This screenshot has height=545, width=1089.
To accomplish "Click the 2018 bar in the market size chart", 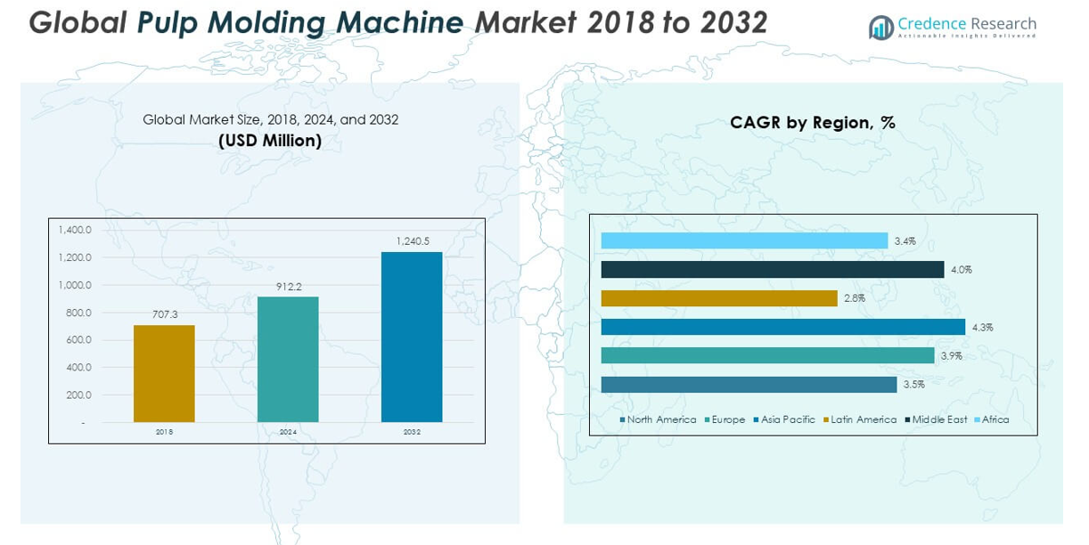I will click(x=164, y=373).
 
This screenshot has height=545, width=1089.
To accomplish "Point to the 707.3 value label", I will click(x=164, y=314).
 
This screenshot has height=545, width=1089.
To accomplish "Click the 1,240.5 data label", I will click(x=412, y=241).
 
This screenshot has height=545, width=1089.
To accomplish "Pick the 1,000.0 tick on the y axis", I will click(x=75, y=285).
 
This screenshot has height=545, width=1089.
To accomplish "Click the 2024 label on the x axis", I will click(x=288, y=432).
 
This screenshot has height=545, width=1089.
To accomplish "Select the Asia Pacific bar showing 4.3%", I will click(x=782, y=327).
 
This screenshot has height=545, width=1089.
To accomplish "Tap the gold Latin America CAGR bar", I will click(x=719, y=298).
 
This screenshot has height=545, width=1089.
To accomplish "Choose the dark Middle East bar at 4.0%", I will click(x=772, y=269).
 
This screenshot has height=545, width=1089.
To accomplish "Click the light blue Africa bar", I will click(x=744, y=240).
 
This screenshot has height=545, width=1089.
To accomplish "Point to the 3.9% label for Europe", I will click(x=952, y=356).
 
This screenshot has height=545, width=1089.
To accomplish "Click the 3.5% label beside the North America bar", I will click(x=914, y=385).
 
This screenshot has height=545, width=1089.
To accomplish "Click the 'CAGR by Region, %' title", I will click(x=813, y=123).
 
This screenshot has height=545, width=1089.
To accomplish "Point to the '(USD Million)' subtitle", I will click(x=270, y=141).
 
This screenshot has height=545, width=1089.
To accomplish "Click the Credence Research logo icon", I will click(x=881, y=28).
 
